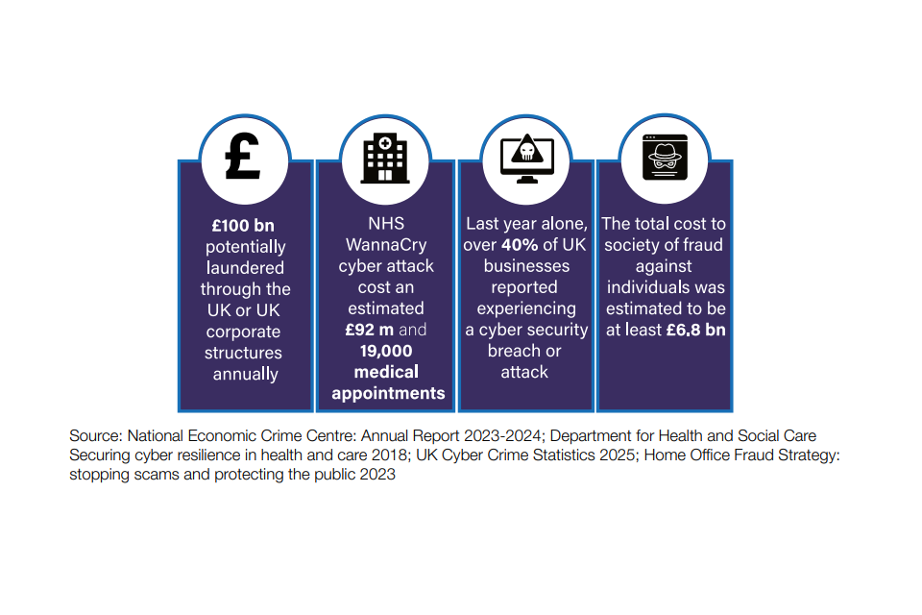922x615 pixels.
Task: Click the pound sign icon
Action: tap(243, 157)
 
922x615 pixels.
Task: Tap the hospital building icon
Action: tap(385, 157)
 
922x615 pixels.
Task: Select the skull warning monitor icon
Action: tap(526, 157)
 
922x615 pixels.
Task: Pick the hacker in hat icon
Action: tap(665, 157)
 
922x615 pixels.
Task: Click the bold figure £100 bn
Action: tap(243, 225)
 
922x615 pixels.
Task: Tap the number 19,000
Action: tap(387, 351)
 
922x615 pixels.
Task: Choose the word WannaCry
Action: tap(387, 245)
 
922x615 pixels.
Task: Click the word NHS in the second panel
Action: tap(387, 224)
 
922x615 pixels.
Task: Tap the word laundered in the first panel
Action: tap(245, 267)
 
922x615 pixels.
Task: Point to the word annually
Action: tap(245, 373)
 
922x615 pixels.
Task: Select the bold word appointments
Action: tap(388, 393)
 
